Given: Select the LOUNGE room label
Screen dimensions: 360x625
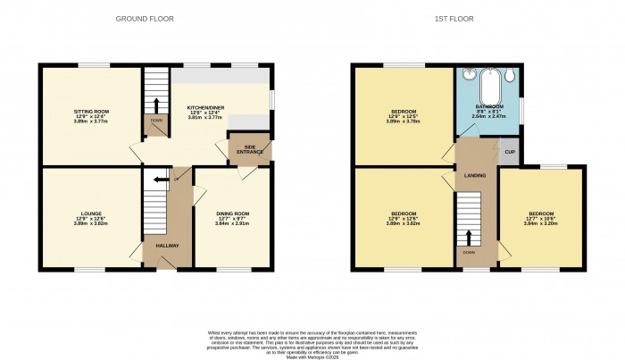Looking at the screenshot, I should click(x=89, y=213).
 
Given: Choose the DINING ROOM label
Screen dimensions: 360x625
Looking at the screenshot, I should click(x=232, y=213).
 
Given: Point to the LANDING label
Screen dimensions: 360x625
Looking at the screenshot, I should click(x=474, y=175).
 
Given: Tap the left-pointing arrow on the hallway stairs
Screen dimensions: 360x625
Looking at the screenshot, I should click(x=161, y=180).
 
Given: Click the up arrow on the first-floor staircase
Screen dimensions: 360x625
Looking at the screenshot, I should click(x=468, y=237).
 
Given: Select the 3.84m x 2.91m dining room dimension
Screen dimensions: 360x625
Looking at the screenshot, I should click(x=232, y=222).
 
